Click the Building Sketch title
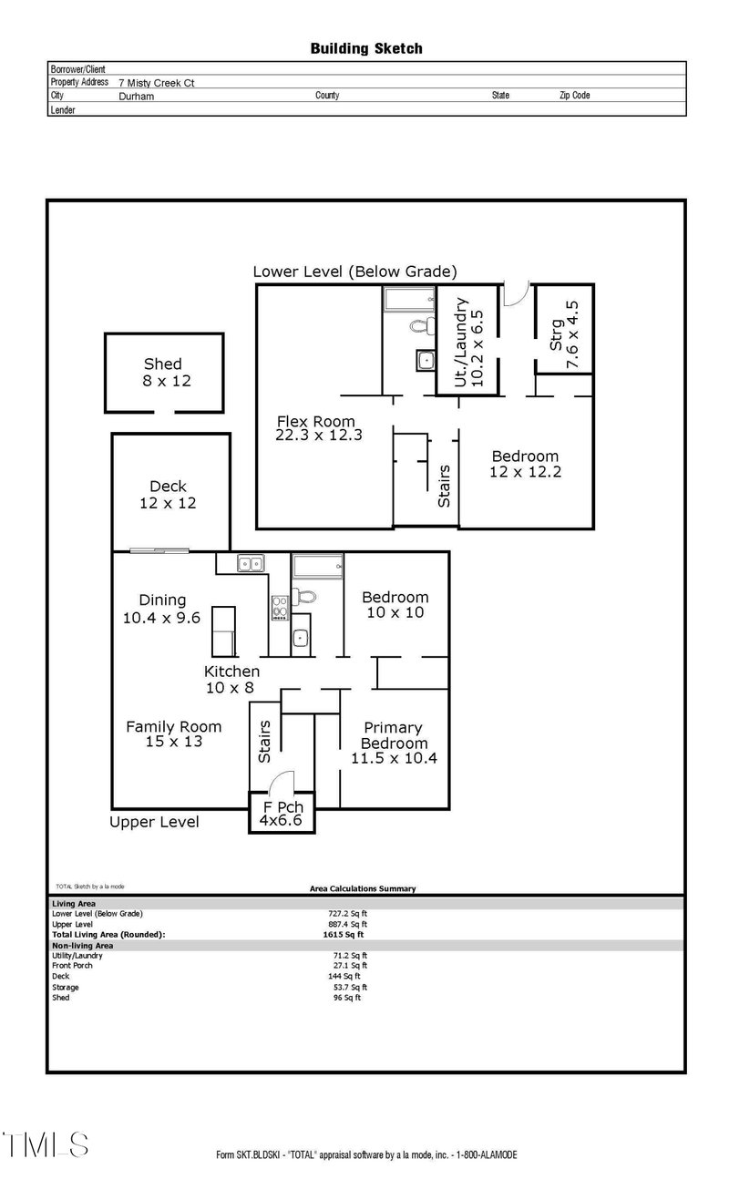click(366, 48)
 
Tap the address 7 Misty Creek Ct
click(156, 82)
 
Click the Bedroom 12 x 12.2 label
click(525, 464)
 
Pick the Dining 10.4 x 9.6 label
click(162, 609)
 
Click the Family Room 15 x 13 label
click(173, 733)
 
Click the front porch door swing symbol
click(282, 784)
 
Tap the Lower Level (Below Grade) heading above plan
click(354, 272)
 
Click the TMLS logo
click(46, 1144)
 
